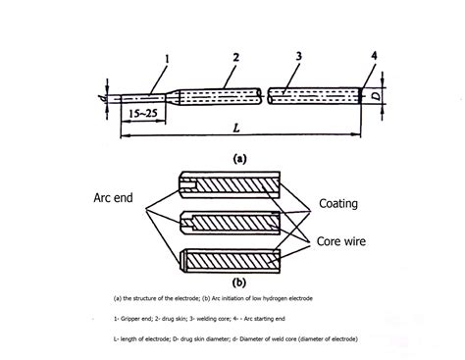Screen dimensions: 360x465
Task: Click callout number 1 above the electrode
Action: click(x=169, y=58)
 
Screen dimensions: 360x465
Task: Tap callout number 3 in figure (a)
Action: click(x=298, y=60)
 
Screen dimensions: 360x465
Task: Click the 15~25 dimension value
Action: click(x=139, y=115)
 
